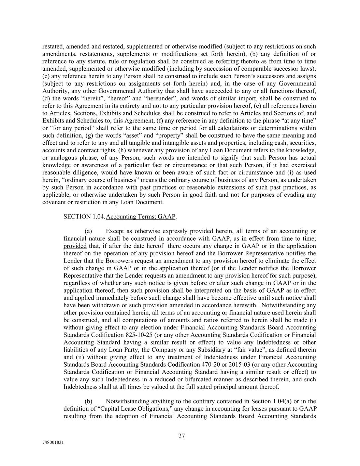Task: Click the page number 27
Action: (181, 436)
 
